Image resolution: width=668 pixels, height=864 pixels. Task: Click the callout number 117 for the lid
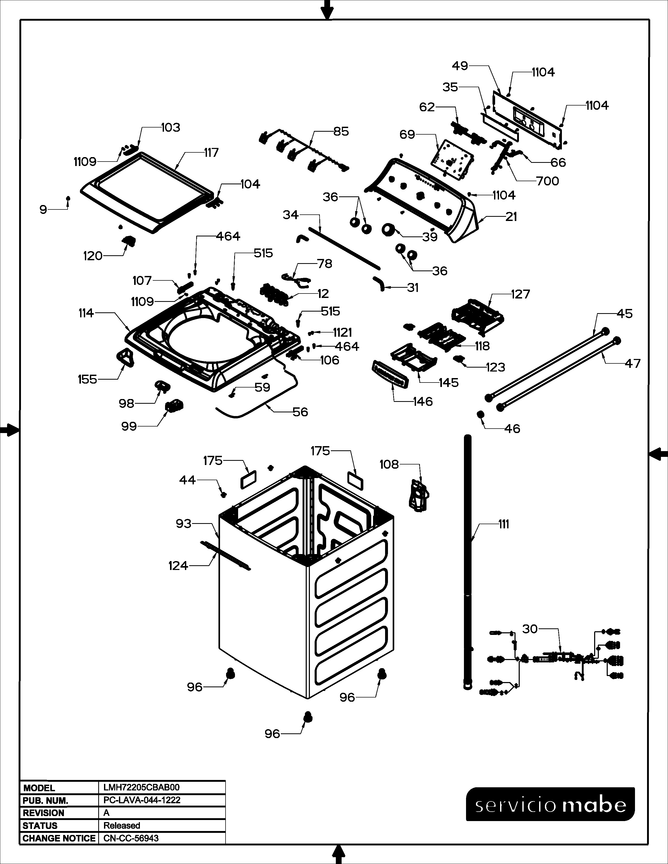(x=211, y=153)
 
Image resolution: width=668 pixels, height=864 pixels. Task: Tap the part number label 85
(x=341, y=131)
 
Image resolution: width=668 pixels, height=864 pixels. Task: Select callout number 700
(x=547, y=181)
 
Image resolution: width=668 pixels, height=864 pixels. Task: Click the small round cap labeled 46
(x=480, y=415)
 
